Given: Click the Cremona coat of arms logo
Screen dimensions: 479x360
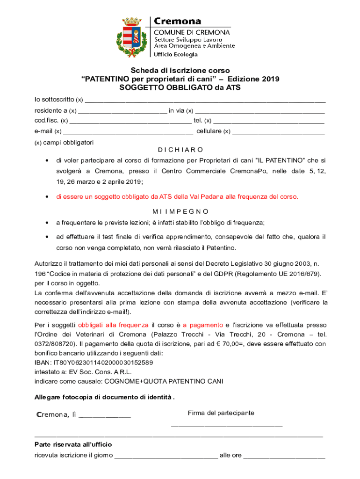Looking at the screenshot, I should click(x=132, y=37).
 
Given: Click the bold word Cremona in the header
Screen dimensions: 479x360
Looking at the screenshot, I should click(x=178, y=22).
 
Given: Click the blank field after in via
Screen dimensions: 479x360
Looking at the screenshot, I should click(x=259, y=110).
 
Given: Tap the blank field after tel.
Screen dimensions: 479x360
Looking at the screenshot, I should click(x=268, y=121).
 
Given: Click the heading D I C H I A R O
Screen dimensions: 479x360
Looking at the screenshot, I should click(x=180, y=150).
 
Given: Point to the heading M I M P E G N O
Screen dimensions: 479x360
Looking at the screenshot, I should click(x=180, y=211).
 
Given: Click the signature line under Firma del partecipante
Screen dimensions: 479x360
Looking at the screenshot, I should click(x=227, y=425).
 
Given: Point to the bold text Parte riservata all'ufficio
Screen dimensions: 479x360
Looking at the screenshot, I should click(x=73, y=444).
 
